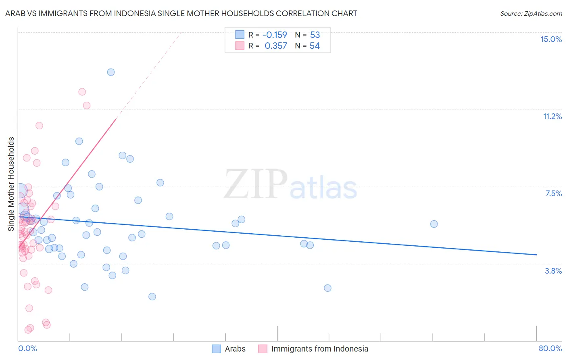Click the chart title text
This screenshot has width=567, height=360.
[181, 13]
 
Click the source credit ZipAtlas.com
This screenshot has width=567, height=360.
[531, 13]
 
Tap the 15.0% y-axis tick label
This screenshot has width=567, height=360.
[551, 39]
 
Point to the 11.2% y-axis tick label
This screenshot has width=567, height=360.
[552, 116]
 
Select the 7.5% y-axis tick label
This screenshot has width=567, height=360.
[553, 193]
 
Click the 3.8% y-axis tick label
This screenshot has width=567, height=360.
[553, 271]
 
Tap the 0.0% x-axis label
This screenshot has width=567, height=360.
[27, 348]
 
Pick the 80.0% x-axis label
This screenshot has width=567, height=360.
[550, 348]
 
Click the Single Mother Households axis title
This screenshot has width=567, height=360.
[11, 184]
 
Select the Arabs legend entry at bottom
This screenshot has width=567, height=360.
[235, 349]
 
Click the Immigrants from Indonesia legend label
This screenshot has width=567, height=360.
[319, 349]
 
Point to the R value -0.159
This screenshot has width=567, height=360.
[275, 35]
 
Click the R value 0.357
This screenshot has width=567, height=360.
[276, 46]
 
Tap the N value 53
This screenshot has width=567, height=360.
[315, 35]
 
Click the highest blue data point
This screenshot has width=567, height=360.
[111, 72]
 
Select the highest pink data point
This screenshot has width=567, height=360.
[82, 92]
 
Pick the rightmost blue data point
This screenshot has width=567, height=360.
[434, 224]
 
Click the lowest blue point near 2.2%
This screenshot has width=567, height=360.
[152, 297]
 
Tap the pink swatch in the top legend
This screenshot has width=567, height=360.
[240, 46]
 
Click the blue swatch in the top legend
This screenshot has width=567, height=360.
[240, 35]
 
